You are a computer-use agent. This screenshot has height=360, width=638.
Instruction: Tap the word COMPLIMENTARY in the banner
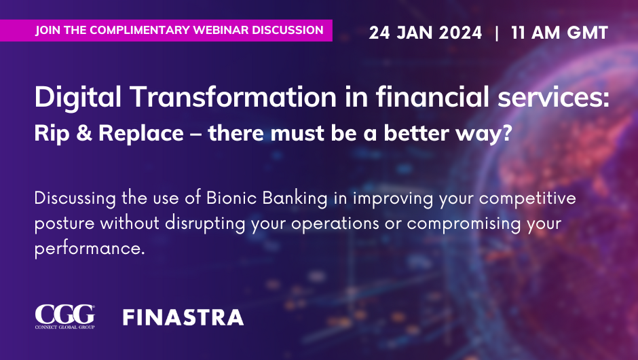[x=140, y=30]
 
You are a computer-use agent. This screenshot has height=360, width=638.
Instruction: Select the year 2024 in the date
[x=460, y=33]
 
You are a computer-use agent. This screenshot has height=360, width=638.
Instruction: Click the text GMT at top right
[x=587, y=33]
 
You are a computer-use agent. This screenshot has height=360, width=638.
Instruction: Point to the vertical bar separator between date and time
[x=496, y=33]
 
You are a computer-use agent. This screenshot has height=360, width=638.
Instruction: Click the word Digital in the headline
[x=78, y=98]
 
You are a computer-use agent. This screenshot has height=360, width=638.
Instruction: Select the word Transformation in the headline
[x=233, y=97]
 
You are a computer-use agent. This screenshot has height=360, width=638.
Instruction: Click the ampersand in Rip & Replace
[x=83, y=133]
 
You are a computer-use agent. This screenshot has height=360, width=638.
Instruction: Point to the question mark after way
[x=507, y=133]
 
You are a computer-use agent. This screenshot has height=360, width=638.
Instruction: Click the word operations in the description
[x=335, y=224]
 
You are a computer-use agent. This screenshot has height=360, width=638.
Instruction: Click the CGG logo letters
[x=64, y=314]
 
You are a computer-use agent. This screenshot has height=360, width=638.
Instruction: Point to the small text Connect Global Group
[x=64, y=327]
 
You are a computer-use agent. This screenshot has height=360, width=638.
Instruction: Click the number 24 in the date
[x=379, y=33]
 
